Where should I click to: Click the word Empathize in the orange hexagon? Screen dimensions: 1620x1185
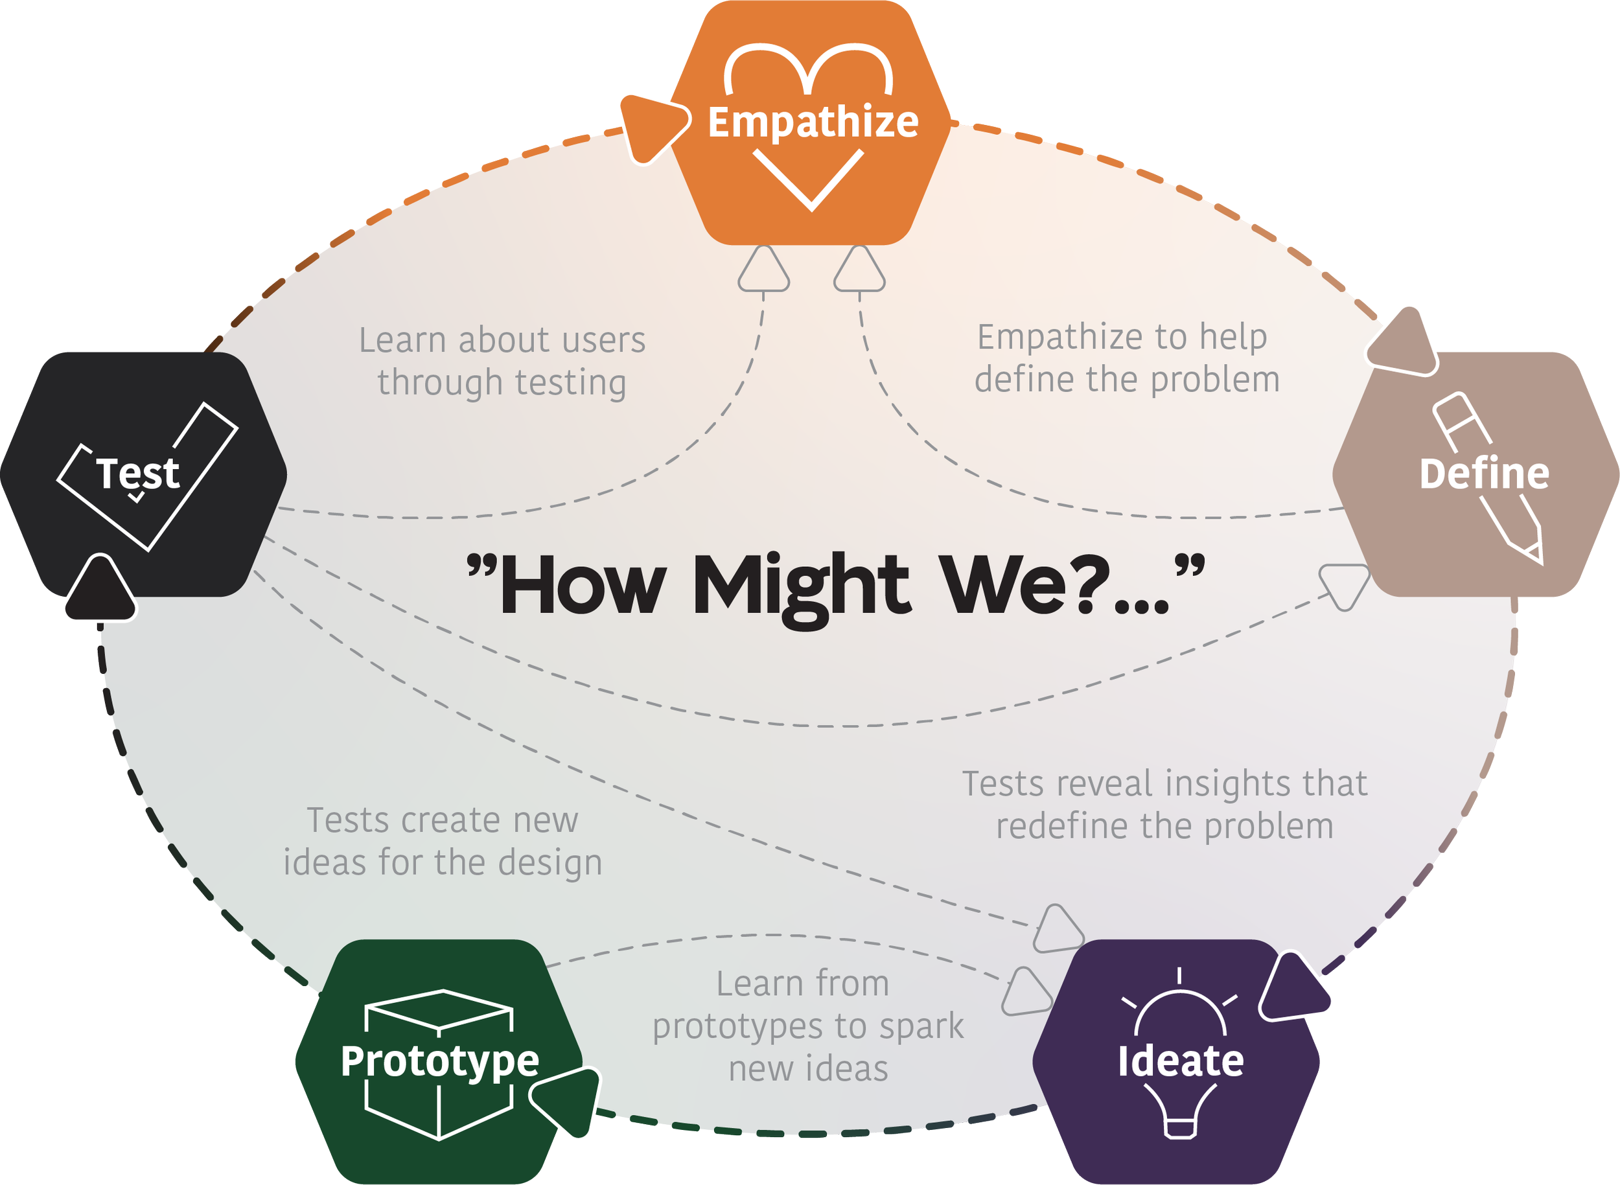pyautogui.click(x=813, y=122)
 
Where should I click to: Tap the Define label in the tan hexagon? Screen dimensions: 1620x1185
pyautogui.click(x=1484, y=474)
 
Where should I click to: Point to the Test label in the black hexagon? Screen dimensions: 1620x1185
pyautogui.click(x=138, y=474)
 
